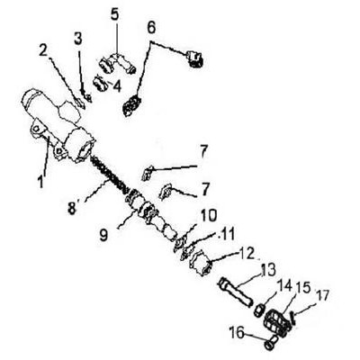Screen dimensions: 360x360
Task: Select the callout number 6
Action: [x=151, y=28]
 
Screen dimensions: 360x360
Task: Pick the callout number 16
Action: [x=238, y=332]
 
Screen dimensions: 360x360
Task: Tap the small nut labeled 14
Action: [x=259, y=310]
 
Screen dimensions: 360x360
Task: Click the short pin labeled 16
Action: [x=271, y=343]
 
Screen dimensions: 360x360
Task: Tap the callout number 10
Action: [x=209, y=215]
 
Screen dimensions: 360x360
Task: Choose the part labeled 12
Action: [x=201, y=263]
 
